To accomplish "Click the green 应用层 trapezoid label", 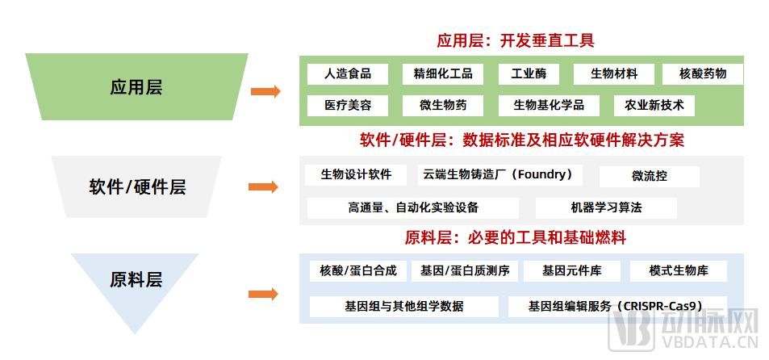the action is (136, 87).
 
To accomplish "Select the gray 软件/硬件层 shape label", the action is (137, 187).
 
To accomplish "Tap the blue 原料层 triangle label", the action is (136, 280).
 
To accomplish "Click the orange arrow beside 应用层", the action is (265, 91).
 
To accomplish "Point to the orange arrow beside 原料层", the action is (263, 295).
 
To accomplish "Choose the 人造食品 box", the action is (347, 74).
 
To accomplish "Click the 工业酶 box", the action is (529, 74).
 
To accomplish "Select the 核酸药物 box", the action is (703, 74).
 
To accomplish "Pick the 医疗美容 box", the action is (347, 106).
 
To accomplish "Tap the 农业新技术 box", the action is (654, 106).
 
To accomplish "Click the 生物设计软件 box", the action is (356, 175).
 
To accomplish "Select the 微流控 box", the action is (650, 176).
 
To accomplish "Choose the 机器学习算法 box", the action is (606, 208).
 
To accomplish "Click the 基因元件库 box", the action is (572, 270).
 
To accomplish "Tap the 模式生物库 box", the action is (679, 270).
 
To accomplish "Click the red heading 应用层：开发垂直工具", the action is (516, 40).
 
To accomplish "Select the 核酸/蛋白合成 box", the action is (358, 270).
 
